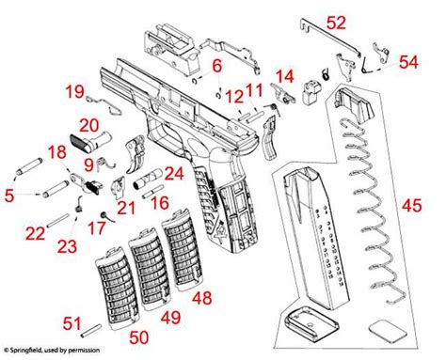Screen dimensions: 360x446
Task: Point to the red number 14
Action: click(284, 75)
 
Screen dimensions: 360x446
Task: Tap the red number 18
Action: click(57, 153)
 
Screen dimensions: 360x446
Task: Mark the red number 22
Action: click(35, 233)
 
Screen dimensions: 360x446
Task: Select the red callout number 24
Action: click(172, 173)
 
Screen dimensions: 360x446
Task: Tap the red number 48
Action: click(201, 298)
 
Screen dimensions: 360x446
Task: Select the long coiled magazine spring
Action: click(357, 216)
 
